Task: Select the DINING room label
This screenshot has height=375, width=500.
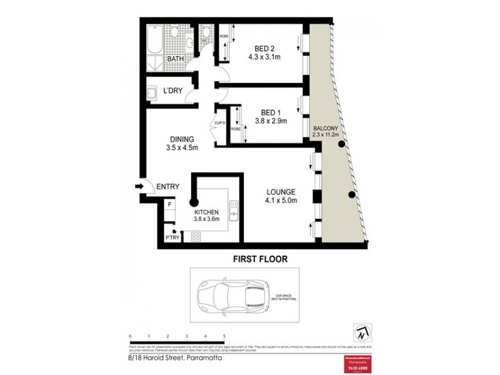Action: (x=182, y=139)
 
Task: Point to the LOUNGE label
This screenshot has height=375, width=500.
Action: (x=281, y=191)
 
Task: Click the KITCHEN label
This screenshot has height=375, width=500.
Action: (x=206, y=212)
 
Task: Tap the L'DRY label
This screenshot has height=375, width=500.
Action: (x=172, y=91)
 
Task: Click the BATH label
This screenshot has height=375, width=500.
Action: (x=175, y=59)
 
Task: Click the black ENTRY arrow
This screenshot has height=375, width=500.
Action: (x=139, y=186)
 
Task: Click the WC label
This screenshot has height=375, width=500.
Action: (x=204, y=41)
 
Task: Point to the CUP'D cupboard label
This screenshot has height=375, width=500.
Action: (x=219, y=122)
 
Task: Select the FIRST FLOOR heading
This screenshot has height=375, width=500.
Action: (x=260, y=258)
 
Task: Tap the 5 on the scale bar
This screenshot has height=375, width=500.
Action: (x=224, y=336)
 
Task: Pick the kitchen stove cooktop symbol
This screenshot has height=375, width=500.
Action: (x=196, y=237)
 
